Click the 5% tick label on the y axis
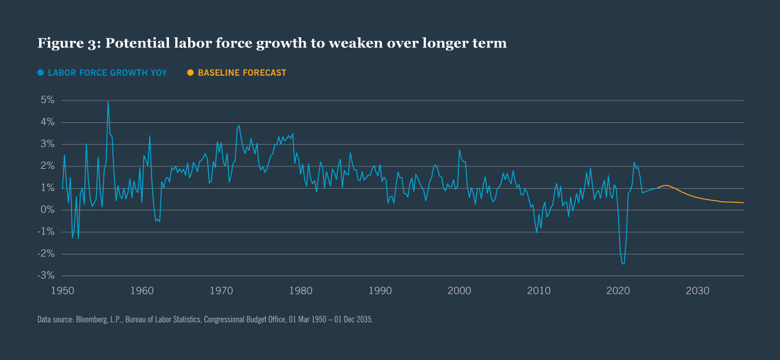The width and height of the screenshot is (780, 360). (48, 100)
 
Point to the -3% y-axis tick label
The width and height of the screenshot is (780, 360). (47, 276)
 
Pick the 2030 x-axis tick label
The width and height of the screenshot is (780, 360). (697, 290)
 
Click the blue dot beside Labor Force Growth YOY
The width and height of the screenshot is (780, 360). (40, 73)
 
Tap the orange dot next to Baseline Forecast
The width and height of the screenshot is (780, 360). (191, 73)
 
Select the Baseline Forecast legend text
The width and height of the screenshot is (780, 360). (242, 73)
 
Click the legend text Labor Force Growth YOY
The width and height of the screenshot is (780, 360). (107, 73)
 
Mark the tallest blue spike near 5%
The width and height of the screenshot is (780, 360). (108, 101)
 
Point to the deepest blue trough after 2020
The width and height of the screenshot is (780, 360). (623, 264)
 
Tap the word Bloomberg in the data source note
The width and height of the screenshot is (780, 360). (93, 320)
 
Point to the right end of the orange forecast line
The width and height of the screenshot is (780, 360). (744, 203)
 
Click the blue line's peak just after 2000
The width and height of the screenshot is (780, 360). (460, 150)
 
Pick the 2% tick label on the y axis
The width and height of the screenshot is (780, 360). (48, 166)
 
